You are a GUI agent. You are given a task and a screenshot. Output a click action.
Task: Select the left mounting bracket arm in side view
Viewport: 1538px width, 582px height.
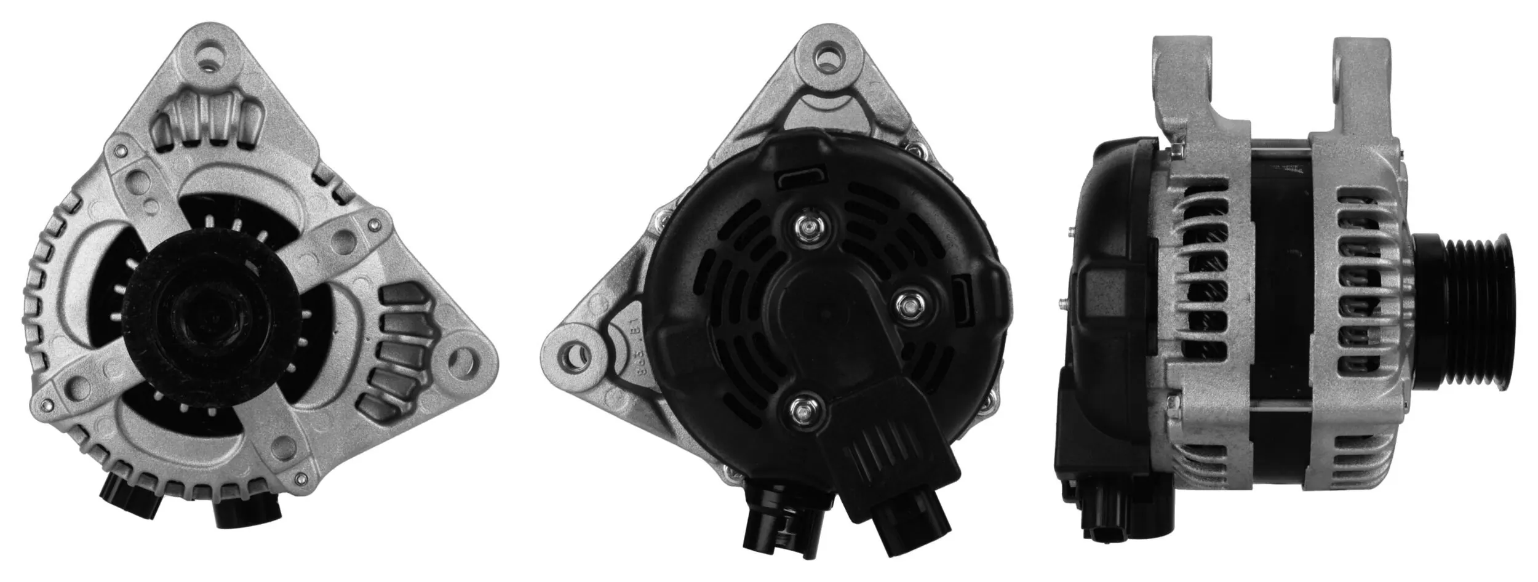coord(1181,80)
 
